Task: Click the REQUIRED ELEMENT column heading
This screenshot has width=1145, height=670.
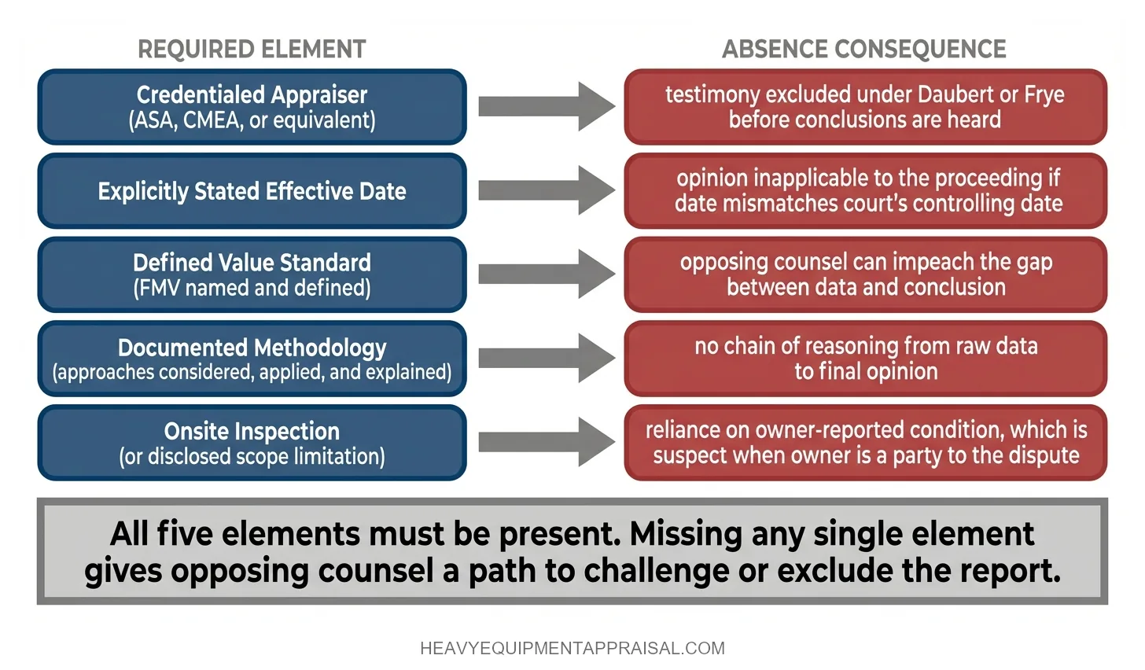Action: (x=252, y=50)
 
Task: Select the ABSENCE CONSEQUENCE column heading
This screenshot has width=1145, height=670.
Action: (x=863, y=50)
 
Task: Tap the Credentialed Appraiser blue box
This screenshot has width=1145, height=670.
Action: (x=252, y=107)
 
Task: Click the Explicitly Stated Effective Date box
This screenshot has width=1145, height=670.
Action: (x=252, y=191)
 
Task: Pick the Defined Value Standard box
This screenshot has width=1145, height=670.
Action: (x=252, y=274)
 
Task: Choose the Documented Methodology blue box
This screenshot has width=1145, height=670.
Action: (x=252, y=359)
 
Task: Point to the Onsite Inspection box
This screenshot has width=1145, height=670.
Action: (x=252, y=443)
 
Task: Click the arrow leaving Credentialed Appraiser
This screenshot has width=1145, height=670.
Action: (x=546, y=106)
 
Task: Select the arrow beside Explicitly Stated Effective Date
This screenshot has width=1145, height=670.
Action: (x=546, y=190)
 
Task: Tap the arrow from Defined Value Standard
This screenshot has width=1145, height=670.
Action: (x=546, y=274)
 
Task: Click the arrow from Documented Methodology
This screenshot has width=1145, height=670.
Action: (x=546, y=358)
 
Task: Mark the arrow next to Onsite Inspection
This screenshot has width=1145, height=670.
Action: (x=546, y=442)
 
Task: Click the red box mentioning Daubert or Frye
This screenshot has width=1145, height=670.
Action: (x=865, y=107)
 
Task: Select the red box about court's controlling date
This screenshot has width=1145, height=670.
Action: (x=865, y=191)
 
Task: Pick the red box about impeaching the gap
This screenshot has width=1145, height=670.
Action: (x=865, y=274)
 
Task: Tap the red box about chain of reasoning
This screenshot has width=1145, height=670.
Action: (x=865, y=359)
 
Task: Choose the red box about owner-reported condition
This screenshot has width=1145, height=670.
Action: (x=865, y=443)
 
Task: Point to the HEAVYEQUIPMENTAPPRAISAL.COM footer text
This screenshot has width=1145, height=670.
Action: (x=572, y=649)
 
